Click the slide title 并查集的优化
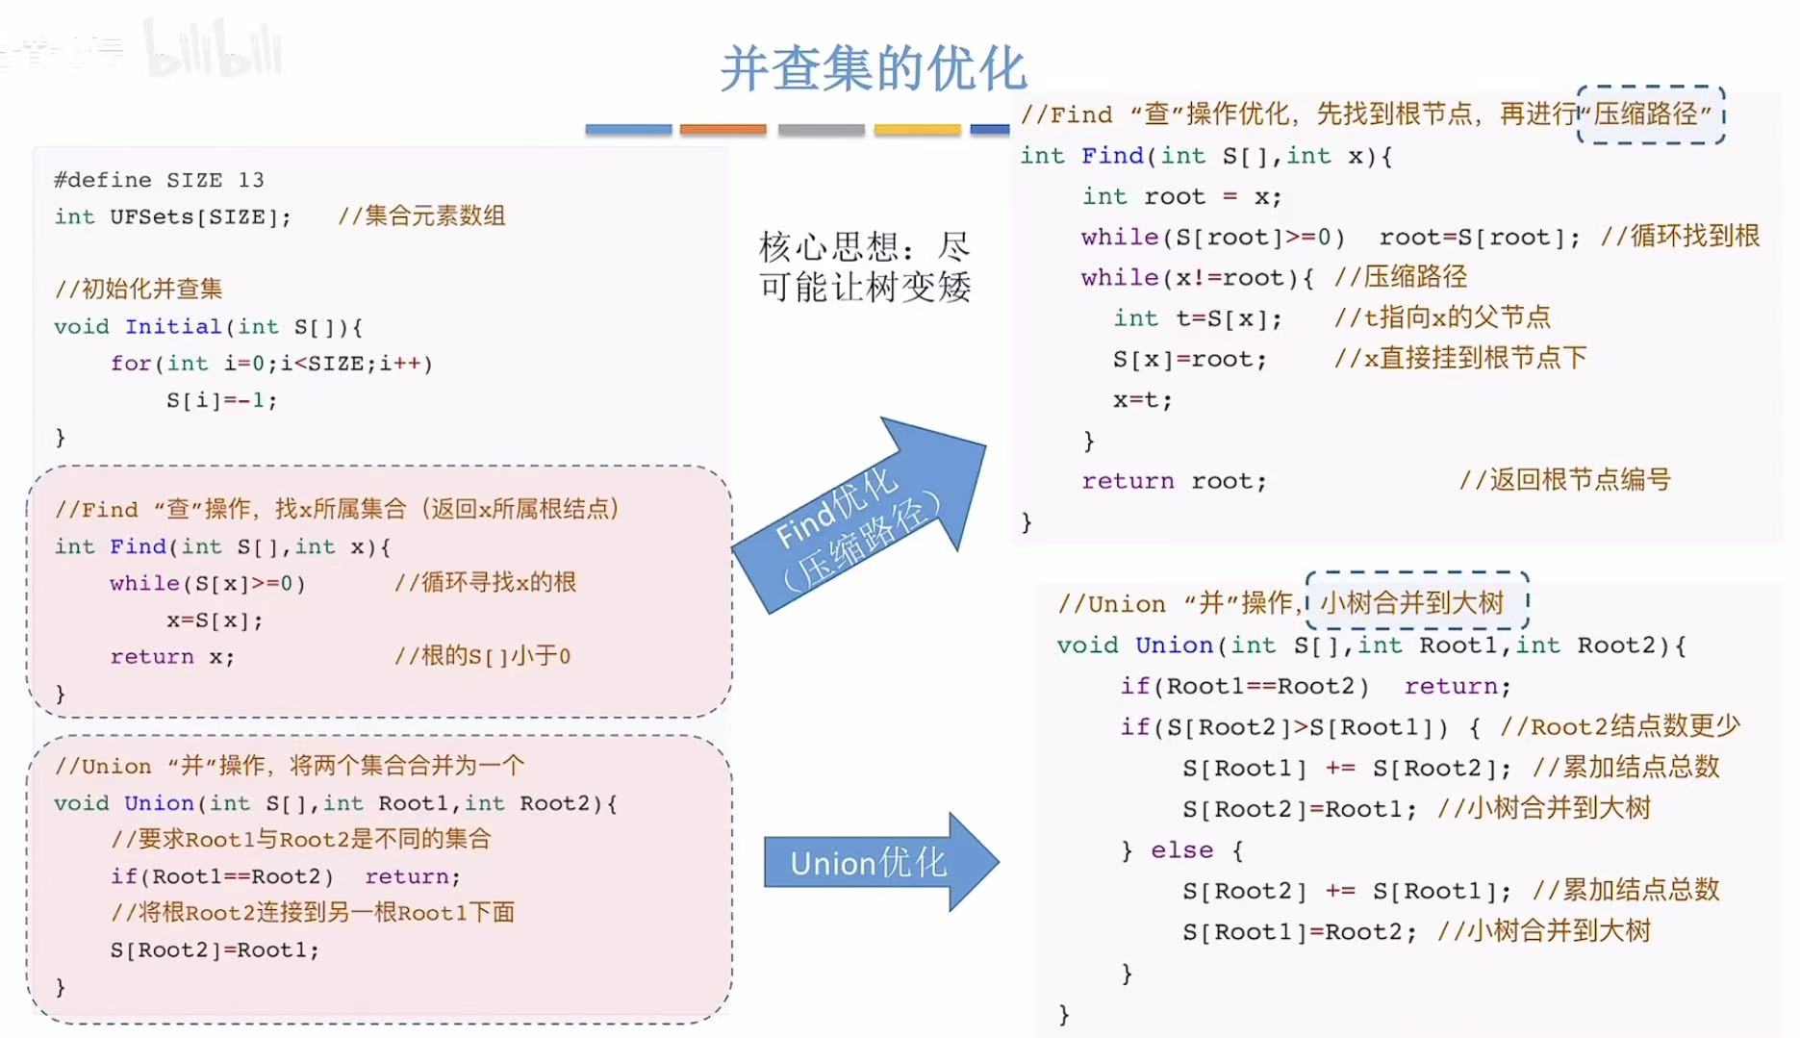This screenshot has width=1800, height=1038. [874, 69]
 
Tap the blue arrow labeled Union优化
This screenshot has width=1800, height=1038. [871, 863]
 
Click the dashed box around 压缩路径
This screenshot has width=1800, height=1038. [1651, 114]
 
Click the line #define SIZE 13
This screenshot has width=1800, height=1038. [159, 180]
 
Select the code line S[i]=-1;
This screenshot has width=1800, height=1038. [221, 400]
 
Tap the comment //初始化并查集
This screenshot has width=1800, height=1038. [139, 289]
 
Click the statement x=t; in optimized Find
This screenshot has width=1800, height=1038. [1143, 400]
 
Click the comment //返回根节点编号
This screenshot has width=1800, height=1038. [1564, 479]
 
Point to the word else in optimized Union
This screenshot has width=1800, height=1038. [1181, 850]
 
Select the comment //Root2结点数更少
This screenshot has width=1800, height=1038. [1620, 726]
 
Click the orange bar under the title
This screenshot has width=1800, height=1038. [723, 129]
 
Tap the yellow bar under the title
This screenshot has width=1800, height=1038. [917, 129]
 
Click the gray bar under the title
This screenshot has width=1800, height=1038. [821, 129]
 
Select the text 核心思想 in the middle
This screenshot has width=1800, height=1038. [827, 247]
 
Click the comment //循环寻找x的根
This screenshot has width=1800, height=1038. [485, 582]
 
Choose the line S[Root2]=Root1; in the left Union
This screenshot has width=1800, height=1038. [215, 950]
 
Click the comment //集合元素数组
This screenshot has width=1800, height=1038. [421, 216]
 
